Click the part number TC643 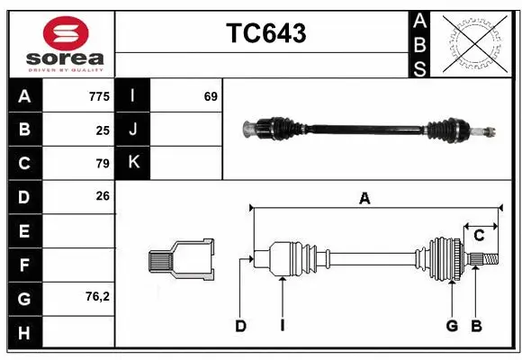coord(265,33)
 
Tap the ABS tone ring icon coord(475,42)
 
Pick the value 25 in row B coord(103,130)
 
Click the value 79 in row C coord(103,163)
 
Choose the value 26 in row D coord(103,196)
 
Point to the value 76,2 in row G coord(98,296)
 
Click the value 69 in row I coord(211,96)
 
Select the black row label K coord(133,163)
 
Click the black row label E coord(24,230)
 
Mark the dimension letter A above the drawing coord(364,199)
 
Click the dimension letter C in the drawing coord(479,236)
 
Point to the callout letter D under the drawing coord(240,326)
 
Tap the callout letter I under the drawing coord(282,326)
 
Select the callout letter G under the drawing coord(452,326)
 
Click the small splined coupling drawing coord(181,260)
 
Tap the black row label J coord(133,130)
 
